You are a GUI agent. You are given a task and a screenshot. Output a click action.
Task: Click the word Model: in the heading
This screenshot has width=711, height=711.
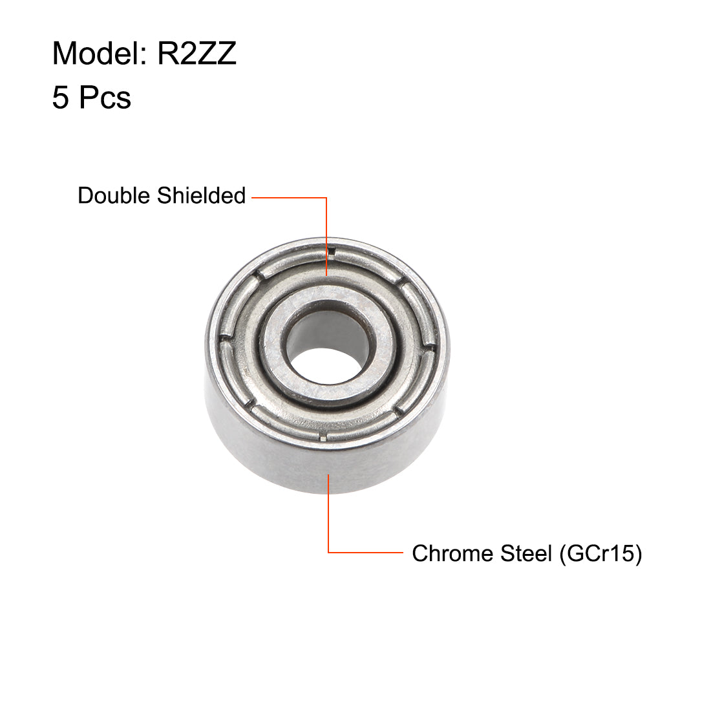(x=101, y=54)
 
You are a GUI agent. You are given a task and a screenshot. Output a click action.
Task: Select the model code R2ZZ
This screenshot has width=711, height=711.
(x=197, y=54)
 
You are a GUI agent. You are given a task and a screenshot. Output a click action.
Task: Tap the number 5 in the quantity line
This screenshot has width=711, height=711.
(x=60, y=98)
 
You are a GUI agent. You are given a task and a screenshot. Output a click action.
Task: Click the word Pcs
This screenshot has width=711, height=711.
(x=105, y=98)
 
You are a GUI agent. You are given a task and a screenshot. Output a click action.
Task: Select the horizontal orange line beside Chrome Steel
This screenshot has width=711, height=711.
(x=365, y=553)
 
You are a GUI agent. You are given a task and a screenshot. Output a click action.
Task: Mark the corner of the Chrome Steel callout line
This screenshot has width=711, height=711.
(x=329, y=553)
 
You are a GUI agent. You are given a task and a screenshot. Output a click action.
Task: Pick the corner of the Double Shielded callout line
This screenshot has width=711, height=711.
(x=327, y=198)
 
